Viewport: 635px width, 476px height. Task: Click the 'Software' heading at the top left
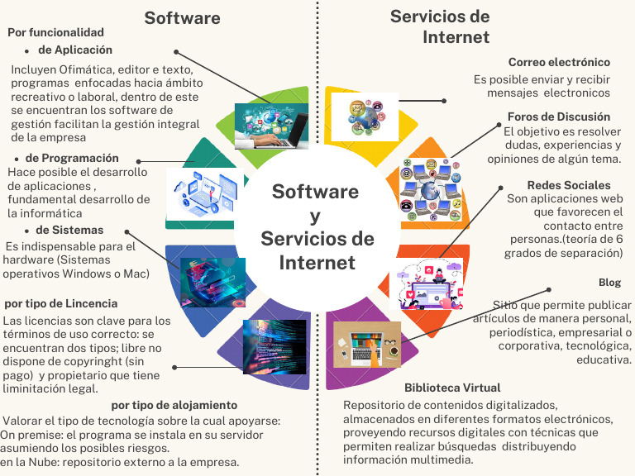click(182, 18)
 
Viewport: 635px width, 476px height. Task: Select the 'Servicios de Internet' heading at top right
click(440, 26)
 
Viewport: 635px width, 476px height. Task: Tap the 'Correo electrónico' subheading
click(559, 63)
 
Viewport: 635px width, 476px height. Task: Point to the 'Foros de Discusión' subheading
click(558, 117)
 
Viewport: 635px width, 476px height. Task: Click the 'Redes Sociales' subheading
click(569, 185)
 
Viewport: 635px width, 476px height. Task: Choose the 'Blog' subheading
click(609, 283)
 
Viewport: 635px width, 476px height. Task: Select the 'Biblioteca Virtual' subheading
click(452, 388)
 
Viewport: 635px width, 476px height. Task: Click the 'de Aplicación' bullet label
click(75, 50)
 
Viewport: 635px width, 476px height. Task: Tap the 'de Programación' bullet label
click(72, 158)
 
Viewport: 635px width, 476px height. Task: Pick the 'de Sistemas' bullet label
click(64, 230)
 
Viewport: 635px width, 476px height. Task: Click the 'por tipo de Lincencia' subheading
click(61, 304)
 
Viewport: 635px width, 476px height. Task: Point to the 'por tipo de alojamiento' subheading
click(174, 405)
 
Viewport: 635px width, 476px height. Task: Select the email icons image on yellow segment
click(365, 115)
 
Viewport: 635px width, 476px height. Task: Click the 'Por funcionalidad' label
click(55, 32)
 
